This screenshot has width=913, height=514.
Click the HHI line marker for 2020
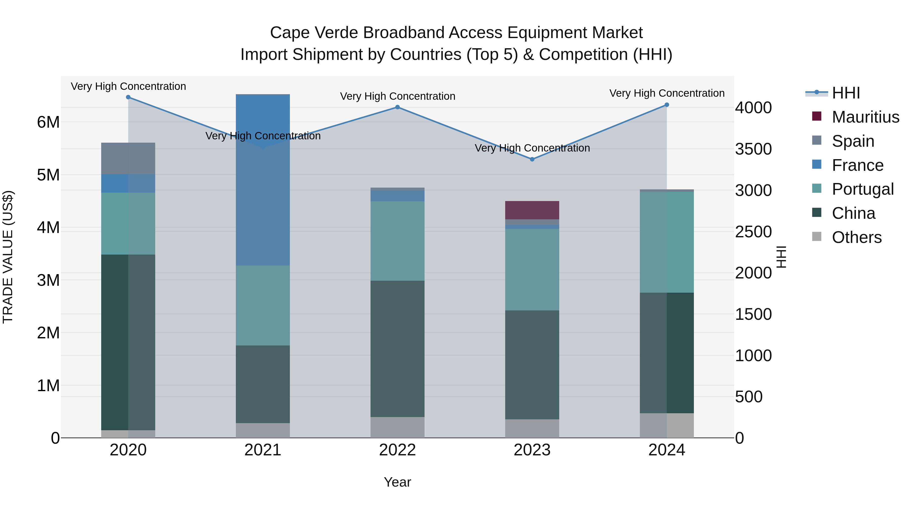[128, 97]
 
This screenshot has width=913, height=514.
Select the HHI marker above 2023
[532, 159]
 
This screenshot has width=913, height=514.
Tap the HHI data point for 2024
[667, 105]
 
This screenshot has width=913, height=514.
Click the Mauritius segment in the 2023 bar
[532, 210]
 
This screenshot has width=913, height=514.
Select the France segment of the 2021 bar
[263, 180]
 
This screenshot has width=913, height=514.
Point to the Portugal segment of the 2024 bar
[667, 242]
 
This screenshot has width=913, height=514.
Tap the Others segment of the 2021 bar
[263, 430]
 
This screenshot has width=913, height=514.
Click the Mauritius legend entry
[865, 117]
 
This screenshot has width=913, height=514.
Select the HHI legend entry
[846, 93]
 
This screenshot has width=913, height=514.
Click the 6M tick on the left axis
[48, 122]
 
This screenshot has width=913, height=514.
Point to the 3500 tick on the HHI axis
[753, 149]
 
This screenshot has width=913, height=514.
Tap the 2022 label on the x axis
[397, 450]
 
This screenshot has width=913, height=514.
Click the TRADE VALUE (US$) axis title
[8, 257]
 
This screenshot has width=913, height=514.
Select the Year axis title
[397, 482]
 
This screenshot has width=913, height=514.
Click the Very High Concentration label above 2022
[397, 96]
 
